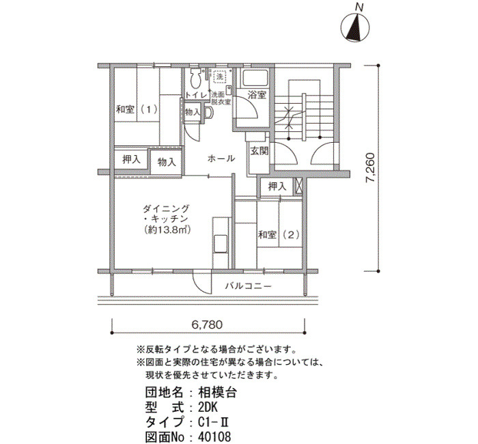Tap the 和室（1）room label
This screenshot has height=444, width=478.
pos(137,109)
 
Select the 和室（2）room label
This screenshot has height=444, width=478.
pos(279,234)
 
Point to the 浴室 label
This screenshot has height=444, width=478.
pos(257,95)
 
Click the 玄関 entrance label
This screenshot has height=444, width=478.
pos(259,151)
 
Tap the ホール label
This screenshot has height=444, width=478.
pos(221,158)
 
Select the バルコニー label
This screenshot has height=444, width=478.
pos(249,286)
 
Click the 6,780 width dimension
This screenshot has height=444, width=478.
pos(208,324)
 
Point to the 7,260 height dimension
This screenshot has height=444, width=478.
pos(371,167)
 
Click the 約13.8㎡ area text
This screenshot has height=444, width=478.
pos(168,230)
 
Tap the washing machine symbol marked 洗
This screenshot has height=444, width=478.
pos(219,76)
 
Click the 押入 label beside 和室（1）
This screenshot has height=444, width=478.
pos(131,159)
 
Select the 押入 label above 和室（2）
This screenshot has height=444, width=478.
pos(277,186)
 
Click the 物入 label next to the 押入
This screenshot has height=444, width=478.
pos(167,162)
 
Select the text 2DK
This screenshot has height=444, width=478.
pos(208,407)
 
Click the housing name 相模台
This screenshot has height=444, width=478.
pos(217,393)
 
